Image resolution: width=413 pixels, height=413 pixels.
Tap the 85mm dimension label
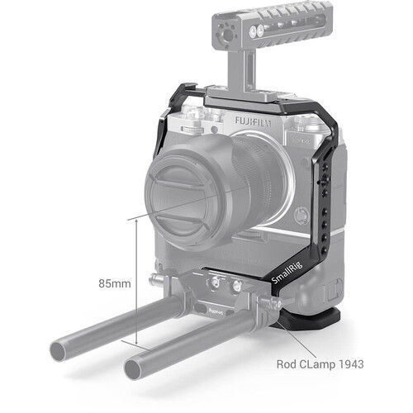(112, 283)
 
